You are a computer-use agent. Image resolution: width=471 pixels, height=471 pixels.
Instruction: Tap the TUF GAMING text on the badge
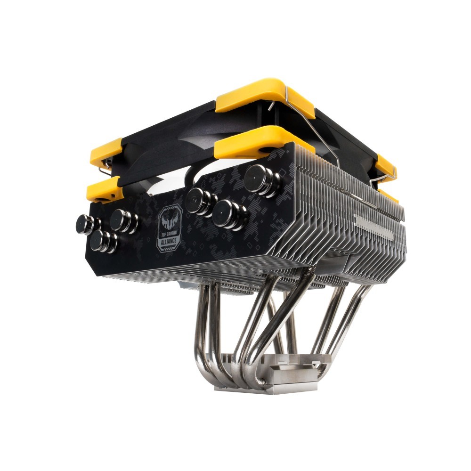coord(170,233)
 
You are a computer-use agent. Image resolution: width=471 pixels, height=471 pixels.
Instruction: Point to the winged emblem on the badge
coord(169,221)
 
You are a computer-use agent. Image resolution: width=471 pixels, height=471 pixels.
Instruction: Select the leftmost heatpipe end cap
coord(87,224)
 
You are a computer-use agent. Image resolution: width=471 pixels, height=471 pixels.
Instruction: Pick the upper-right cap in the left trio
coord(122,221)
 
